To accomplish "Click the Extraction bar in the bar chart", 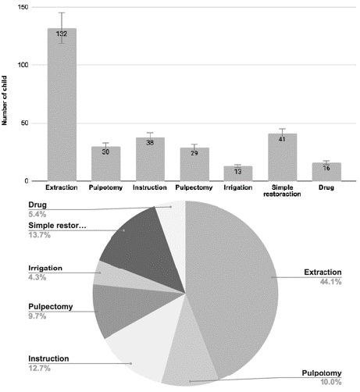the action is [x=62, y=105].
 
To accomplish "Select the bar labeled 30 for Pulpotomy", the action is [x=105, y=164].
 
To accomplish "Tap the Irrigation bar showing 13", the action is [x=238, y=173].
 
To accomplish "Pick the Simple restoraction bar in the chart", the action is [x=282, y=157].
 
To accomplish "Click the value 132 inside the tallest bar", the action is [x=62, y=34].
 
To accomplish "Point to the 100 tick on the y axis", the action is [x=23, y=65].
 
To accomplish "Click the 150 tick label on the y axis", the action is [x=23, y=7].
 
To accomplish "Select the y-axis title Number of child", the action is [x=5, y=101].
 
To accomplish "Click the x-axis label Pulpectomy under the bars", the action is [x=194, y=187].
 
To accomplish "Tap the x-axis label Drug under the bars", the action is [x=326, y=187].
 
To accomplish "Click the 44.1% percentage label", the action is [x=330, y=282].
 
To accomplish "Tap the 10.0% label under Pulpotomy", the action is [x=330, y=382].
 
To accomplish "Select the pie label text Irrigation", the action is [x=45, y=268].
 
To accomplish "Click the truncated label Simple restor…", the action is [x=57, y=226].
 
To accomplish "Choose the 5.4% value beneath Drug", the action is [x=37, y=215].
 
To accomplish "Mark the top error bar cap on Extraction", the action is [x=62, y=12].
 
